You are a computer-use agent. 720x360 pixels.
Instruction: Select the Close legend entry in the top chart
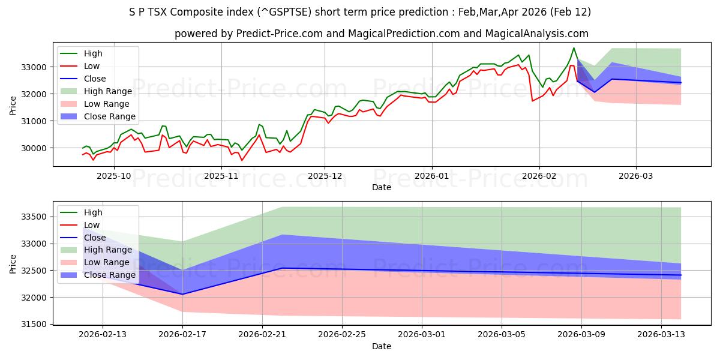point(95,79)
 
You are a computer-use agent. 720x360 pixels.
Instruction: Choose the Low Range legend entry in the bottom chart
point(106,263)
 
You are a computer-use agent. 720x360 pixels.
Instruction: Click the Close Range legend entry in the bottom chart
point(109,275)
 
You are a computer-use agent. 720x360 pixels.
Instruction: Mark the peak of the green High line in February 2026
point(574,48)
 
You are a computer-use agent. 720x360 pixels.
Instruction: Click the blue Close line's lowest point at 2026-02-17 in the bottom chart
point(182,294)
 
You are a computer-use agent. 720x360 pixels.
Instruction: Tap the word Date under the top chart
point(381,187)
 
